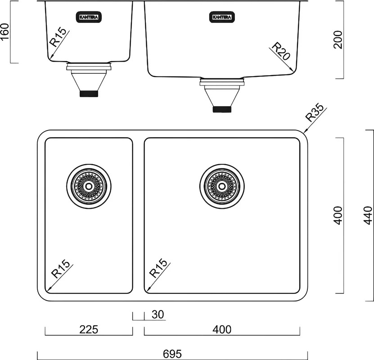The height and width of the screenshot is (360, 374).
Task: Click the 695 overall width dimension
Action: click(x=172, y=354)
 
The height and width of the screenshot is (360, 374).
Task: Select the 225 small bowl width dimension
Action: click(x=89, y=329)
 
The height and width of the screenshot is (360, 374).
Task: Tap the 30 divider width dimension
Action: click(x=158, y=315)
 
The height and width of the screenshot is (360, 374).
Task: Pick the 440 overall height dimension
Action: click(x=368, y=216)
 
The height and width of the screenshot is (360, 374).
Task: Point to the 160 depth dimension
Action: click(x=5, y=32)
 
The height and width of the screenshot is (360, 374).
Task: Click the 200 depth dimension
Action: click(x=338, y=40)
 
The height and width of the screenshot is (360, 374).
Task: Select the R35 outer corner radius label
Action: click(x=315, y=112)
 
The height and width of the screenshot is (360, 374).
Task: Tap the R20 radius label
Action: click(x=281, y=51)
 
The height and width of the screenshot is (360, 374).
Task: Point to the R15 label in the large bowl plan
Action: click(x=158, y=268)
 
